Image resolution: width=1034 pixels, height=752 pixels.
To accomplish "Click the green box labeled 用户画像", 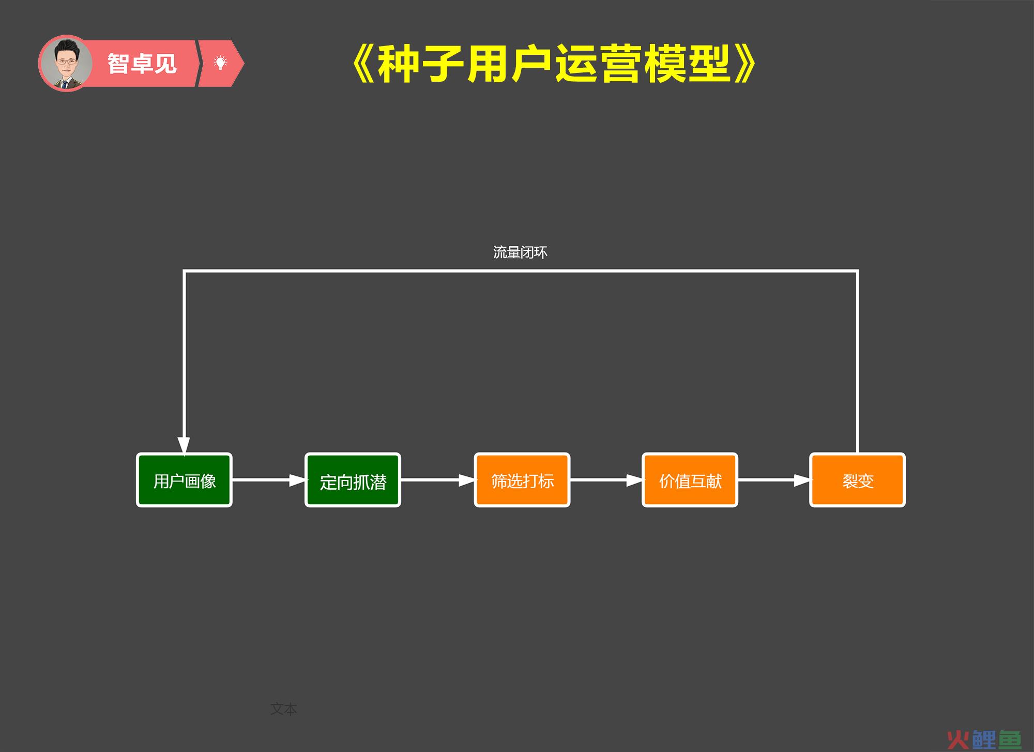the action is tap(184, 480).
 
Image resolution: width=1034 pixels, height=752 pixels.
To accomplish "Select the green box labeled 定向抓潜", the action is tap(353, 480).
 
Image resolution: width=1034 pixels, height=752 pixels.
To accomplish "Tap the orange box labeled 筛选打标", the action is tap(522, 480).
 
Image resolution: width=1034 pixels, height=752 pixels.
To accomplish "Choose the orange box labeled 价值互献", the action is tap(690, 480).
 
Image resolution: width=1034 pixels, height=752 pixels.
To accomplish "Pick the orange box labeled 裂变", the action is tap(857, 480).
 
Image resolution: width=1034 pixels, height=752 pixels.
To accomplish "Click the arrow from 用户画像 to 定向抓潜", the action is tap(269, 480).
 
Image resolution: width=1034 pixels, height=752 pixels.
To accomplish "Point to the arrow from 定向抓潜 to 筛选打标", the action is tap(438, 480).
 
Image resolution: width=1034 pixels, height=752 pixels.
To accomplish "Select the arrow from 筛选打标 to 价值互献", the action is tap(606, 480).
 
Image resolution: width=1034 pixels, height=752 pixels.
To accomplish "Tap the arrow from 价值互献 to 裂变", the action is tap(774, 480).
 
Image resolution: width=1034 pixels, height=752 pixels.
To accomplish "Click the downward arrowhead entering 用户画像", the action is tap(184, 446).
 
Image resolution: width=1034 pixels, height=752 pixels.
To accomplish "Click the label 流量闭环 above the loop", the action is tap(520, 252).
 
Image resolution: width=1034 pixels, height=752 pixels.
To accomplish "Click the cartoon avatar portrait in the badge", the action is tap(66, 63).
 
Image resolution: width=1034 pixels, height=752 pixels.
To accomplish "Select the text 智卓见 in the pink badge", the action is tap(142, 64).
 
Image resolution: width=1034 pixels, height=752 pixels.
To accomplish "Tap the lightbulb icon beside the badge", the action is tap(221, 63).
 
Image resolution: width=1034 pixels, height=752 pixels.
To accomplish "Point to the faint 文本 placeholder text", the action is tap(283, 709).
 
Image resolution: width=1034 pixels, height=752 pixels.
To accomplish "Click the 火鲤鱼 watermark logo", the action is tap(984, 740).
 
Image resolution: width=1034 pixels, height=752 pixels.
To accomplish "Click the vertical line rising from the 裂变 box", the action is tap(857, 362).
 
